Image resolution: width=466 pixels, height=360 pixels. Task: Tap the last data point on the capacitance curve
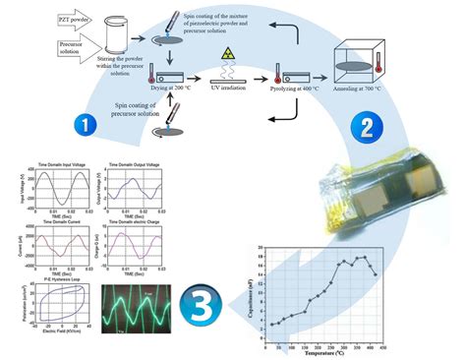[x=376, y=274]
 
